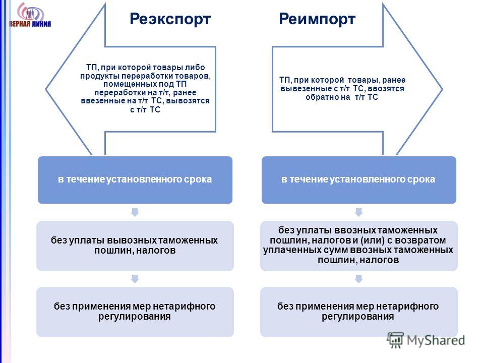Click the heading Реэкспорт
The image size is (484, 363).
coord(170,19)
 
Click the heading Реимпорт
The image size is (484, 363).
coord(317,19)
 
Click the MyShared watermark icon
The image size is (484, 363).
coord(395,340)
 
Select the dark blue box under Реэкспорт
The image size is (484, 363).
coord(135,179)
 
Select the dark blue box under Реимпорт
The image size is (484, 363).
coord(358,179)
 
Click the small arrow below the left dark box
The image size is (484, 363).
coord(135,212)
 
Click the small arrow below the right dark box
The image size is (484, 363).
coord(358,212)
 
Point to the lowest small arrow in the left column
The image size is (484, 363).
coord(135,279)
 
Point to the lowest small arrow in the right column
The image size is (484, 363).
coord(358,279)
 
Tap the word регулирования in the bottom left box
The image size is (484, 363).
coord(134,317)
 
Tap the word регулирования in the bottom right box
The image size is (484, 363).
coord(358,317)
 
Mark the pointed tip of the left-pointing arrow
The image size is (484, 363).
coord(46,90)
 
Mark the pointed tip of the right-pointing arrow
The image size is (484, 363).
coord(443,90)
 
